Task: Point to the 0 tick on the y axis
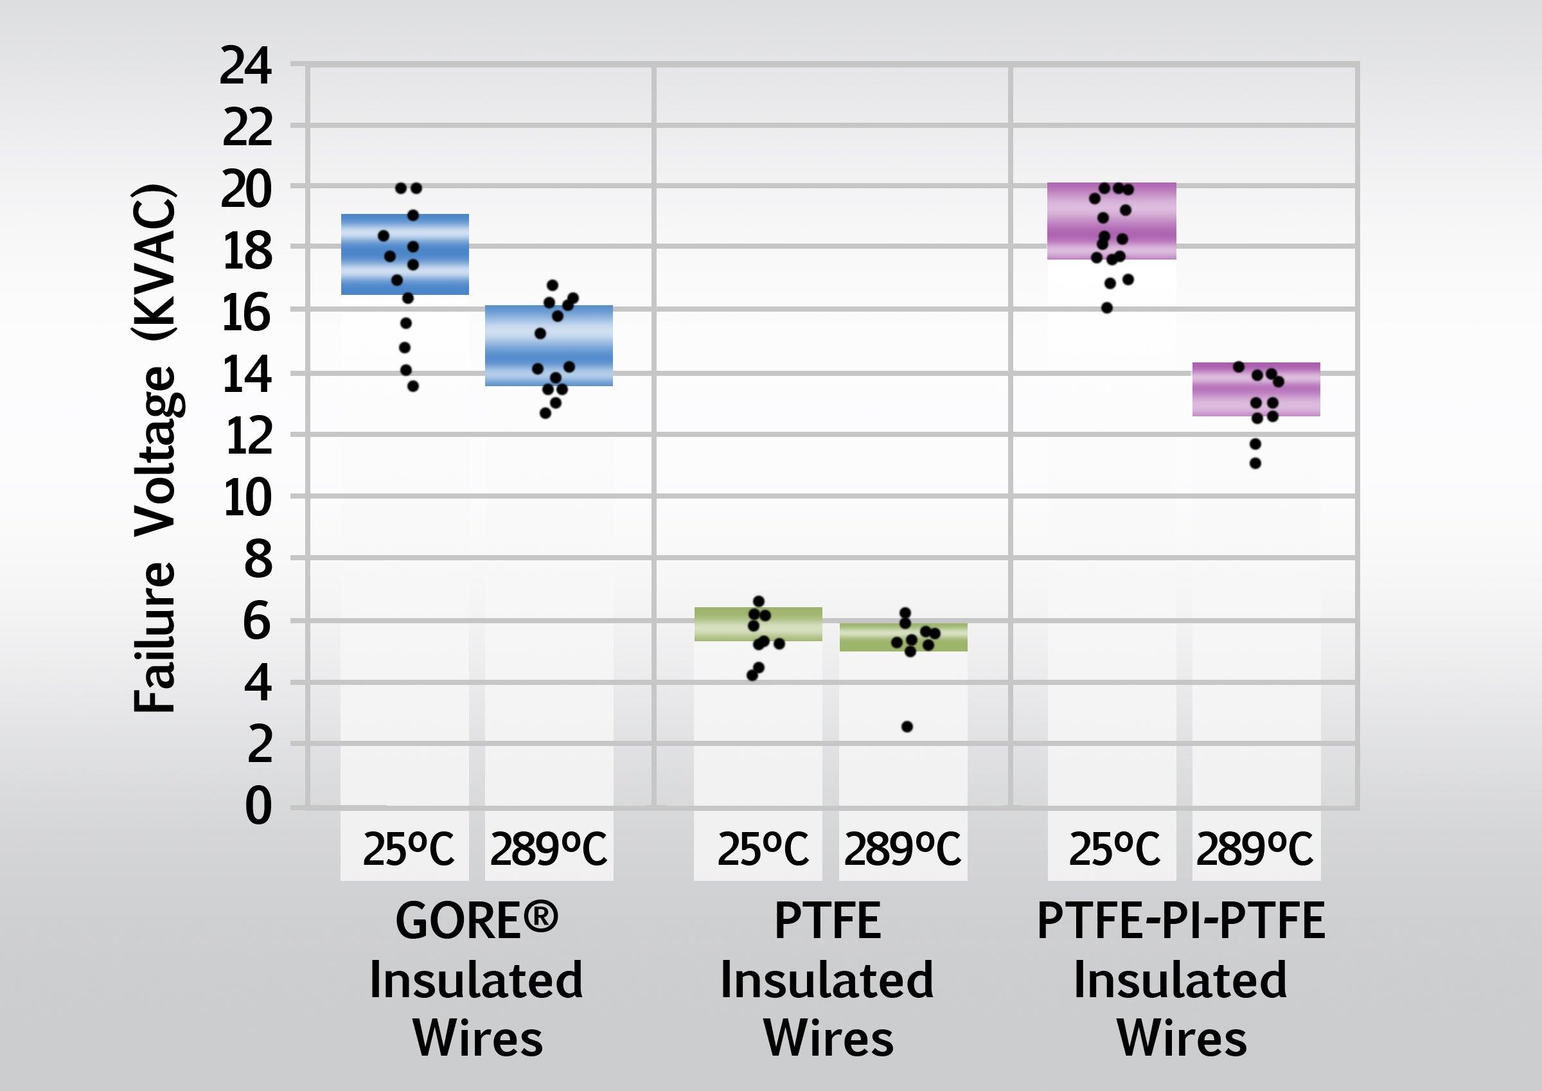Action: pyautogui.click(x=258, y=806)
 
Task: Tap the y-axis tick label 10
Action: pyautogui.click(x=247, y=499)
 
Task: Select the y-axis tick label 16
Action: pyautogui.click(x=247, y=313)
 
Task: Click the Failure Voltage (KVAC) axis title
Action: pyautogui.click(x=154, y=447)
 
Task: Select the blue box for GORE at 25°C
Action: pyautogui.click(x=404, y=254)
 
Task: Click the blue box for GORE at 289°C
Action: pyautogui.click(x=549, y=346)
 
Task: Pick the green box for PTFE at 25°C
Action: pyautogui.click(x=758, y=624)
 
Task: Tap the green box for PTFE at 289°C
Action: pyautogui.click(x=903, y=637)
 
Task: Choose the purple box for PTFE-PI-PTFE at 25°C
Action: pyautogui.click(x=1112, y=221)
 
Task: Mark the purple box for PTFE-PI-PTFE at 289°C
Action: pyautogui.click(x=1256, y=389)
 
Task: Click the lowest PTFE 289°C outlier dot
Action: pyautogui.click(x=907, y=726)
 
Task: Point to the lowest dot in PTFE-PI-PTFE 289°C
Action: pyautogui.click(x=1255, y=463)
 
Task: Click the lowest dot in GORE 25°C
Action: pyautogui.click(x=413, y=386)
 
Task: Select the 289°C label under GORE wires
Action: pyautogui.click(x=549, y=849)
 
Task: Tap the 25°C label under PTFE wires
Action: pyautogui.click(x=762, y=849)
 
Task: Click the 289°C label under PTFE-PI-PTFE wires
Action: pyautogui.click(x=1255, y=849)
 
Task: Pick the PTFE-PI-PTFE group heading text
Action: pyautogui.click(x=1181, y=920)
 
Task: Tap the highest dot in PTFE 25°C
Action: pyautogui.click(x=759, y=601)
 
